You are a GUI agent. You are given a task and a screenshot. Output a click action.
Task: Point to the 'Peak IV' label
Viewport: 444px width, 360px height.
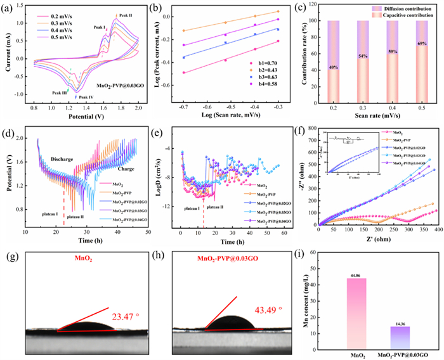click(x=87, y=97)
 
